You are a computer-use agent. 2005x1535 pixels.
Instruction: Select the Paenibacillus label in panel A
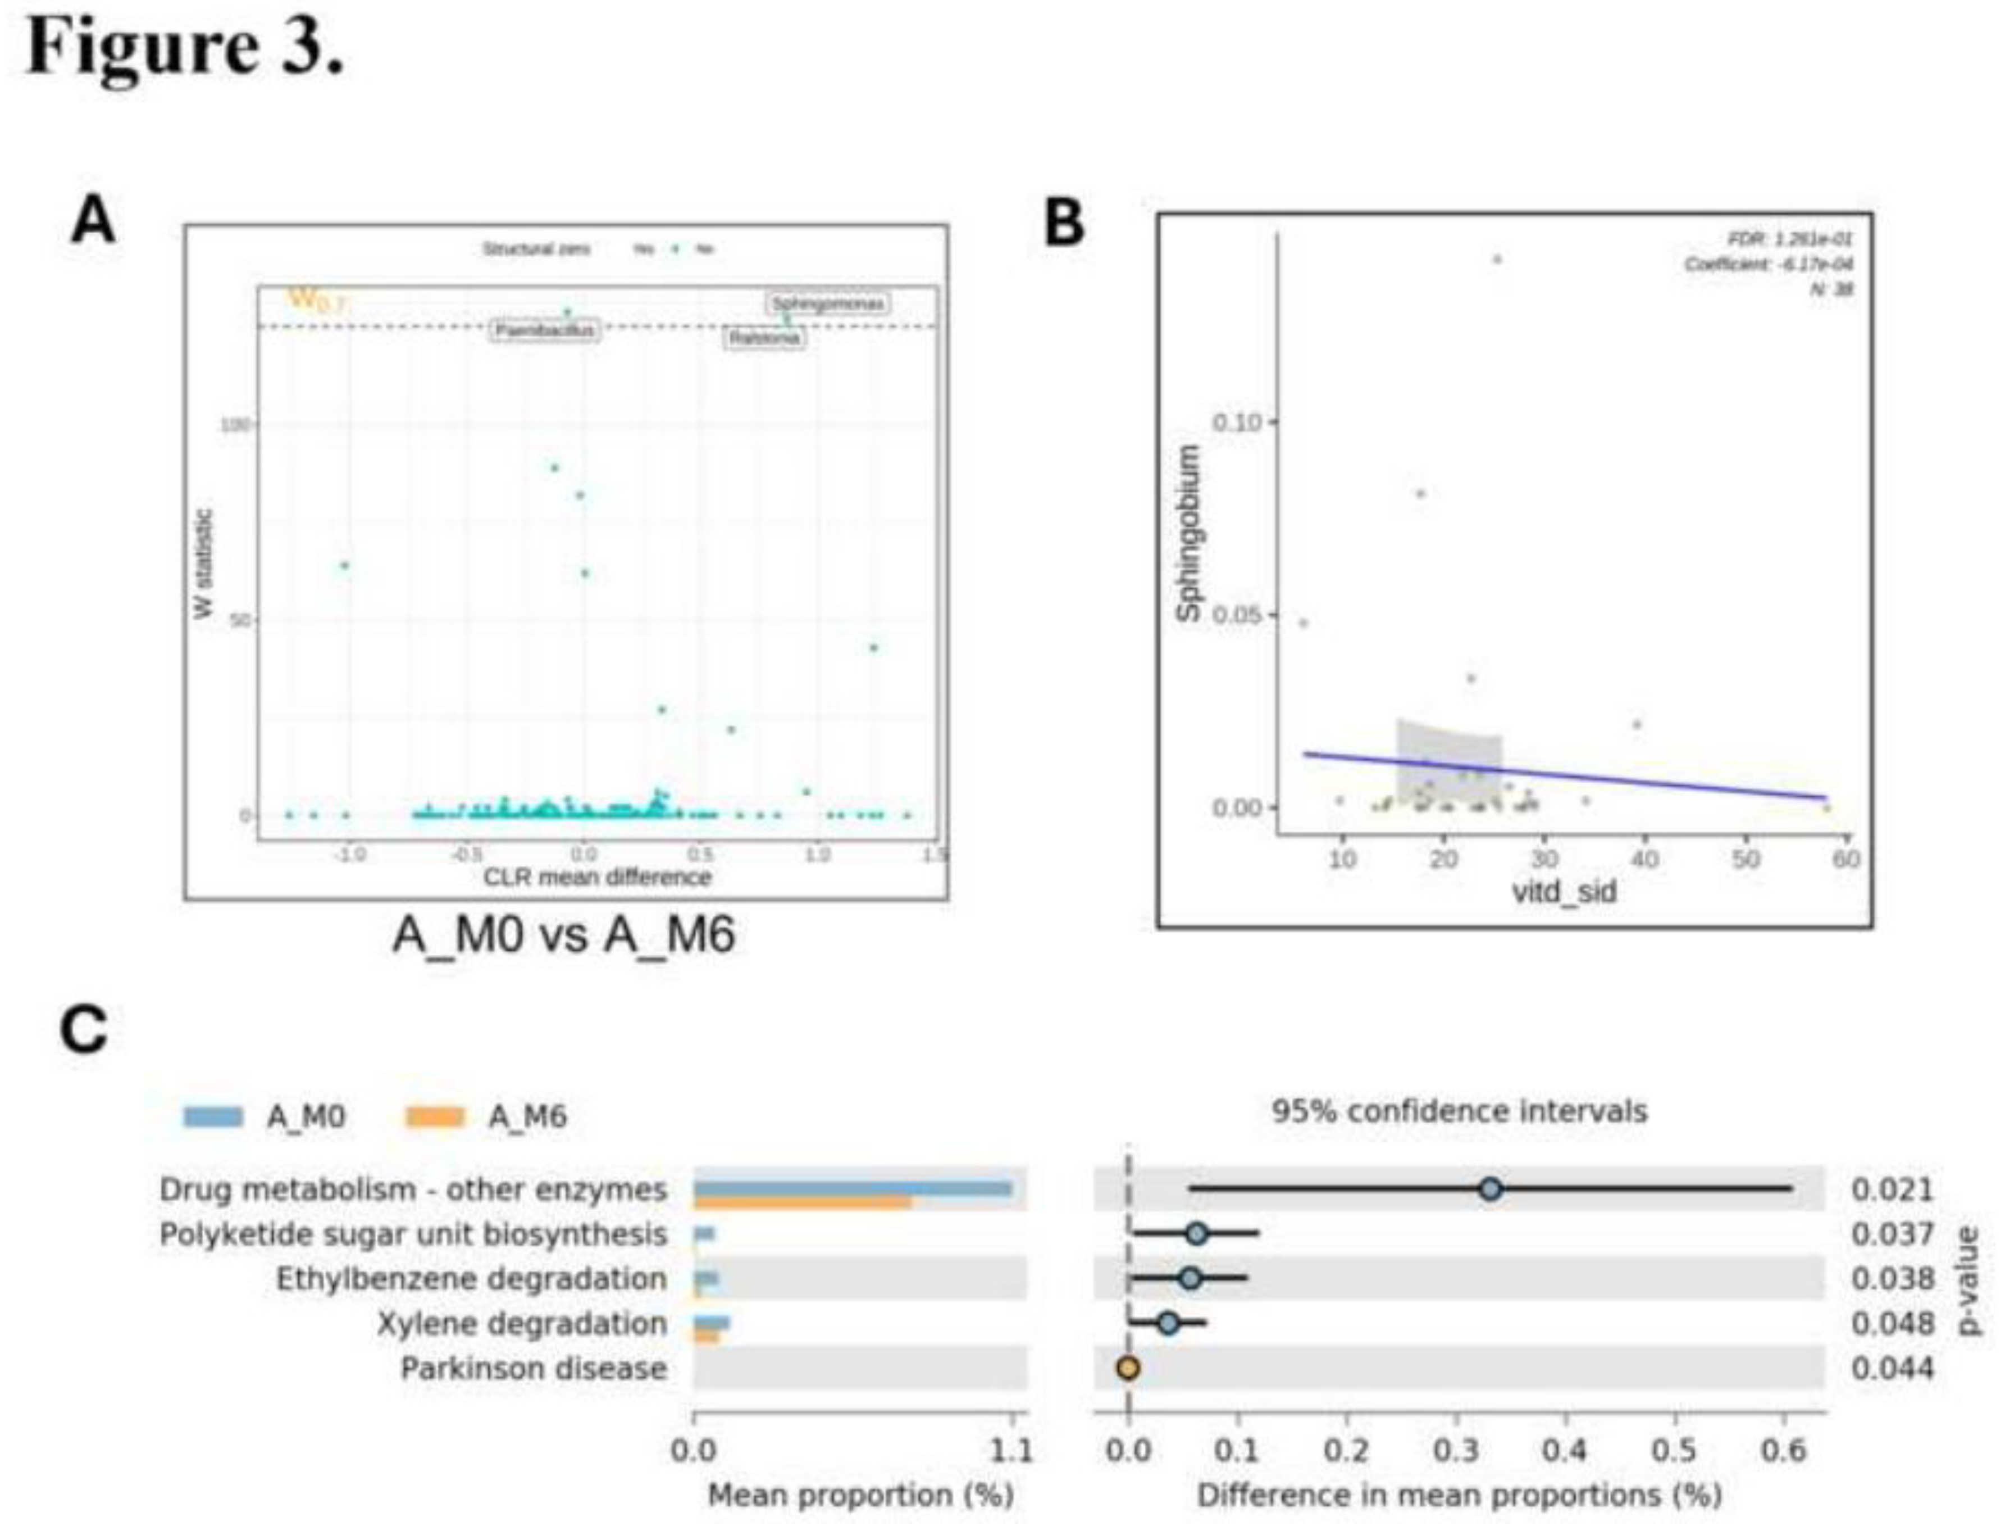[x=545, y=330]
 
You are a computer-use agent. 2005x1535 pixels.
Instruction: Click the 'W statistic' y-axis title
[x=204, y=564]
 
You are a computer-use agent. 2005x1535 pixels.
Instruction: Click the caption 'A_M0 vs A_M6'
[x=564, y=935]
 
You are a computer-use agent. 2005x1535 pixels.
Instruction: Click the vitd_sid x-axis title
[x=1564, y=891]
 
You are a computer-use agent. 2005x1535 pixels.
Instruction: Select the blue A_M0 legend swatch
[x=213, y=1116]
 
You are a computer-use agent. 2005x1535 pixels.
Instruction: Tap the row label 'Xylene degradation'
[x=522, y=1323]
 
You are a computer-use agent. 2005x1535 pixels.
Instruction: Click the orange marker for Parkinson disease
[x=1128, y=1368]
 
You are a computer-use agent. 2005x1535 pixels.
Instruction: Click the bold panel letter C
[x=84, y=1030]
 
